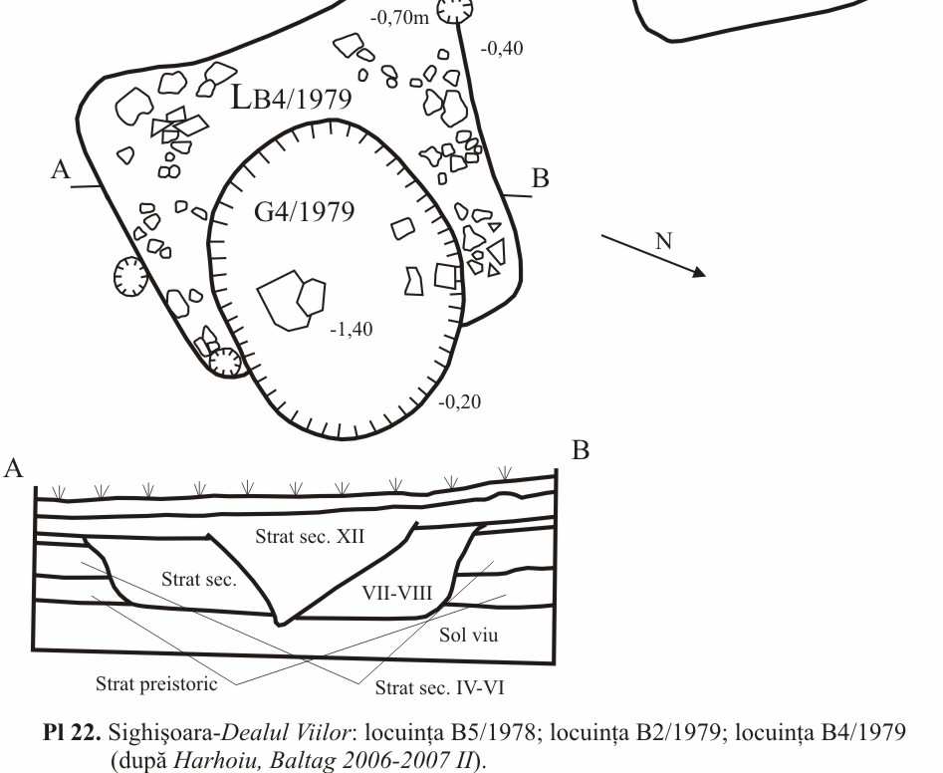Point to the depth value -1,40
point(353,331)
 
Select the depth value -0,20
point(460,402)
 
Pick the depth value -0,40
point(501,47)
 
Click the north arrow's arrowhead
point(700,271)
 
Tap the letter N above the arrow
point(663,241)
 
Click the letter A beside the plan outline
point(61,170)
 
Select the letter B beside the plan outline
point(541,179)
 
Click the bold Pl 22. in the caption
point(68,733)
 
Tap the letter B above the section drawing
point(581,451)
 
